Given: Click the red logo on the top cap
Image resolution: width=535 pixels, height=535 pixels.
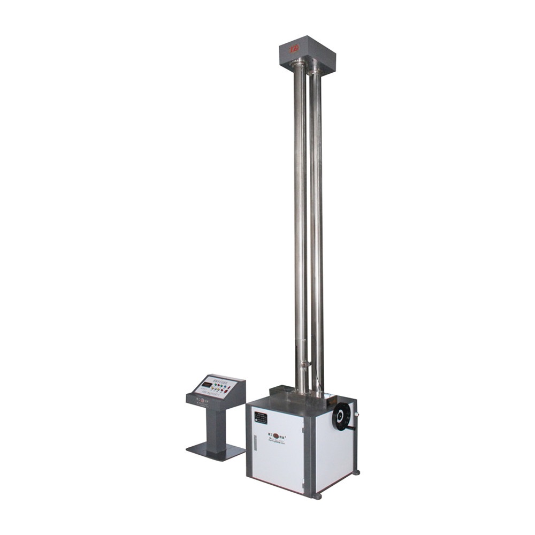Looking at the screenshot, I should (x=294, y=48).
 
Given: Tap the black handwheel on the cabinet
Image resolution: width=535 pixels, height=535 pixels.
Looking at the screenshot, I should (x=341, y=416).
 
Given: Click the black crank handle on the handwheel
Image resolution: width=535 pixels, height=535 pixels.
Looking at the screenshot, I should (x=352, y=428).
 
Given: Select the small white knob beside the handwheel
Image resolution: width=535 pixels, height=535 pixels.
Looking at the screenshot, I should (x=356, y=414).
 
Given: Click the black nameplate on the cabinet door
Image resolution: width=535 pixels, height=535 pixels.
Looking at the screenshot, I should (x=261, y=417).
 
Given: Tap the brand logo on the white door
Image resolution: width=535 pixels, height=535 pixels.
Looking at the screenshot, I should (x=277, y=435).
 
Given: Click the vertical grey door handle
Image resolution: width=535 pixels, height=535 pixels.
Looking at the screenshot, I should (x=255, y=442).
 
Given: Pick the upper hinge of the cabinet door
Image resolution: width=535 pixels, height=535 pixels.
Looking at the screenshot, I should (x=303, y=429).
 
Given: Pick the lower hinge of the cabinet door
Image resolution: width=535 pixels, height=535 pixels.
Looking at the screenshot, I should (x=303, y=486).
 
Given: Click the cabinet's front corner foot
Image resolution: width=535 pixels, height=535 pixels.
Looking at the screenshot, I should (x=317, y=496).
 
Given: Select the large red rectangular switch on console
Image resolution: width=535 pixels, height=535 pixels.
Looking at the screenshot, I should (x=226, y=391).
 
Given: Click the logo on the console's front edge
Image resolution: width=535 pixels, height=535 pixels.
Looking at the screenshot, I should (x=202, y=400).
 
